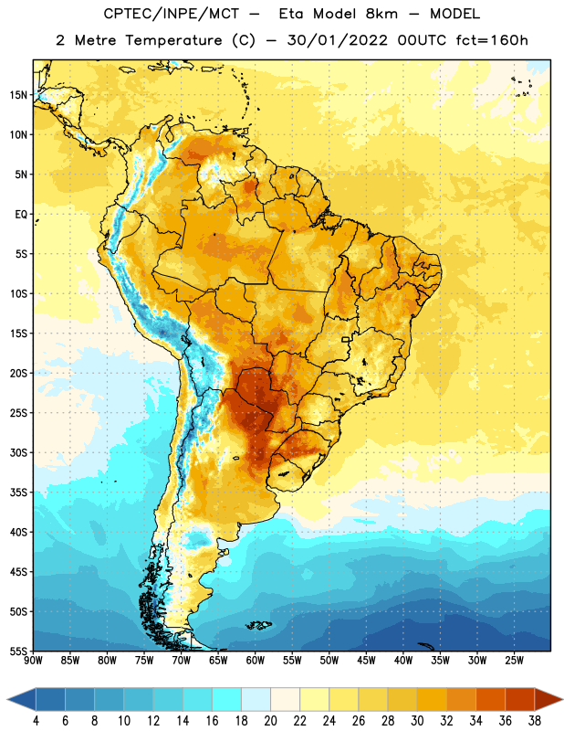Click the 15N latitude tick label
point(18,95)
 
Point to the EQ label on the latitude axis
point(21,215)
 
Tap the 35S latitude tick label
point(18,493)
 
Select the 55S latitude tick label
point(18,651)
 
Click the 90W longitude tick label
point(33,660)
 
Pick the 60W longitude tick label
point(256,660)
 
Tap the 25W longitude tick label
point(514,660)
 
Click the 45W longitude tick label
point(366,660)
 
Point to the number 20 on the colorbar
point(270,721)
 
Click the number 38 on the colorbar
point(535,721)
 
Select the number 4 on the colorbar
point(36,721)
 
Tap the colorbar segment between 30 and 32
point(432,700)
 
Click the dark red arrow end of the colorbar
point(548,700)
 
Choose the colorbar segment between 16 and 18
point(226,700)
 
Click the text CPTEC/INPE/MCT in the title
point(172,14)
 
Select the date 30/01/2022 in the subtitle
point(337,40)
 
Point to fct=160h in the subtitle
point(492,40)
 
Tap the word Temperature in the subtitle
point(173,41)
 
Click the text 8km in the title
point(381,14)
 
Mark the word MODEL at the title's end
point(454,14)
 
